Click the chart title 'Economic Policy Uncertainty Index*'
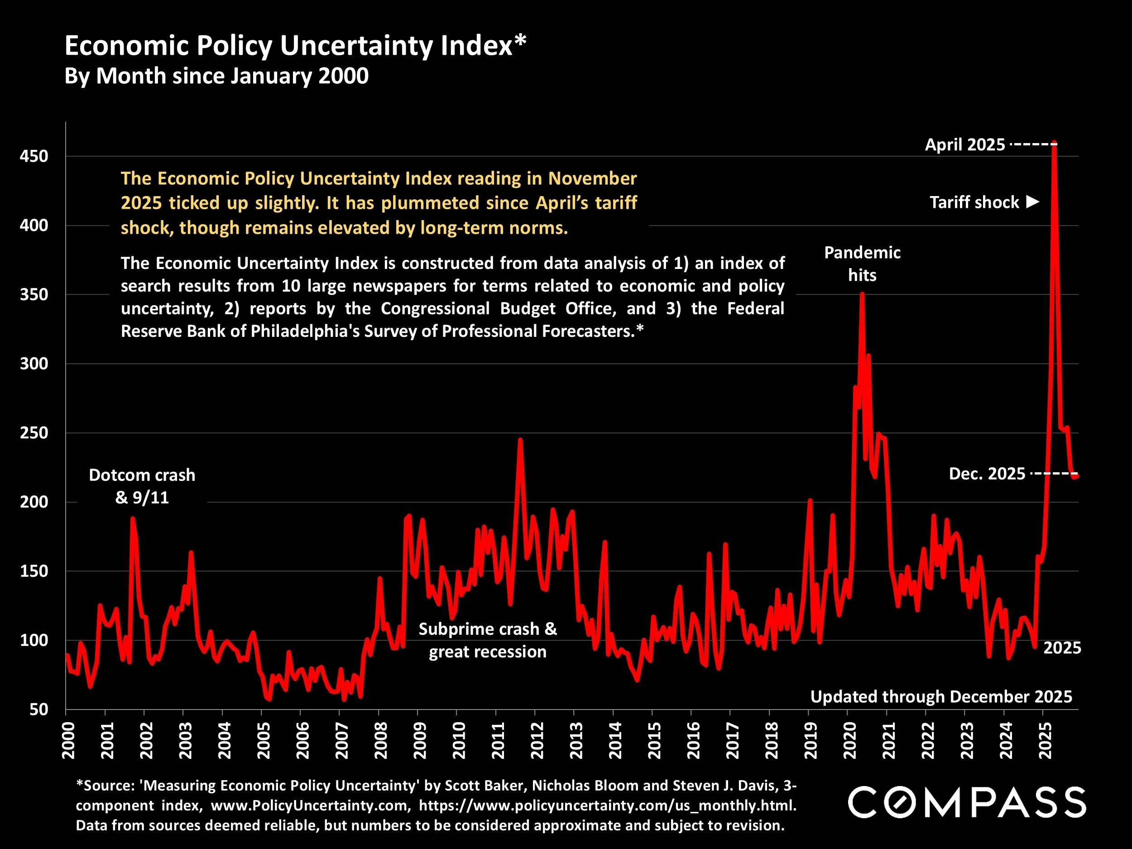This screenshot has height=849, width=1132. (295, 46)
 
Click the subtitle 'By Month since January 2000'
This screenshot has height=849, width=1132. (216, 76)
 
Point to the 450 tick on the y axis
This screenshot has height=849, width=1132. (34, 157)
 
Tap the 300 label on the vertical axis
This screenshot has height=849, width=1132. (34, 364)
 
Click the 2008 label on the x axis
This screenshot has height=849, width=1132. (381, 740)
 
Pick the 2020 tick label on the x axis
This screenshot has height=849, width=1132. (849, 740)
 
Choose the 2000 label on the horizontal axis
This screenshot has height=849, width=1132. (68, 740)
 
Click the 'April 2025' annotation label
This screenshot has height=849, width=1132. (964, 145)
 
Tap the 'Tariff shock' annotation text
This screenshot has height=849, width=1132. (974, 203)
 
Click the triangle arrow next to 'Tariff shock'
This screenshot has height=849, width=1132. (1033, 201)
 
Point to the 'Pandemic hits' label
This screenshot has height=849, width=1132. (862, 264)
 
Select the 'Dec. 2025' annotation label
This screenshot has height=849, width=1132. (987, 474)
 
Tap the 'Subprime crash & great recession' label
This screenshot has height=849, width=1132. (488, 640)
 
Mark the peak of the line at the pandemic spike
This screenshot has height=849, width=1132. (862, 294)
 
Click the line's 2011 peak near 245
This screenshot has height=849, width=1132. (520, 440)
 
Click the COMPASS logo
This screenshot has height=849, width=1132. (967, 802)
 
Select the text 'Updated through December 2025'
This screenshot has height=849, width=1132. (941, 696)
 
